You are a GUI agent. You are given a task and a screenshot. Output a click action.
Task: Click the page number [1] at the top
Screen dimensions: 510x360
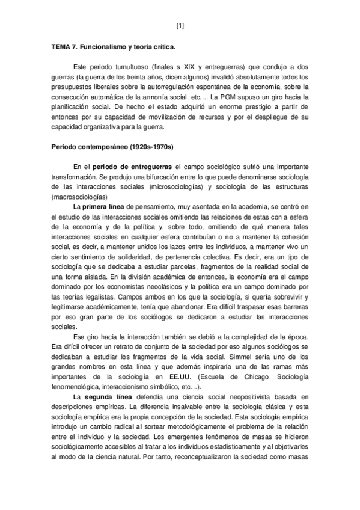pos(180,25)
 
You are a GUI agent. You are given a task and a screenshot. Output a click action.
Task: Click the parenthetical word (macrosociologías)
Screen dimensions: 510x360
pos(79,197)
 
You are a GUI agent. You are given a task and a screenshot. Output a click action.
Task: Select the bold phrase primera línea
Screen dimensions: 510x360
pos(105,206)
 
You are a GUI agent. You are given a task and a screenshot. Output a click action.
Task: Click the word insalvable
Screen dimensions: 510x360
pos(178,407)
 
